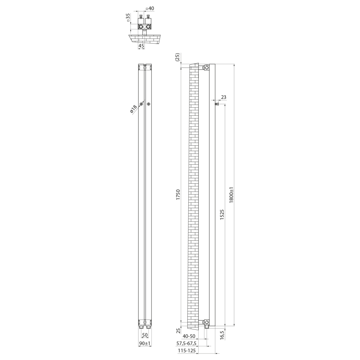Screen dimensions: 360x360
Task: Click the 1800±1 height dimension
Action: point(231,194)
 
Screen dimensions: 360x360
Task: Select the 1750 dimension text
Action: point(178,194)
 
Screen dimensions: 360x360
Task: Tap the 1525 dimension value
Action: point(222,215)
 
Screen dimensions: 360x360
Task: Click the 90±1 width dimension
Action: point(144,343)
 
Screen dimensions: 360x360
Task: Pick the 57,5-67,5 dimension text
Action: point(186,343)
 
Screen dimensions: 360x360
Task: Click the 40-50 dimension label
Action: point(189,336)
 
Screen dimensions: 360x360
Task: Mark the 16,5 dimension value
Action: point(222,335)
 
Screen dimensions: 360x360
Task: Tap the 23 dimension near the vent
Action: point(223,97)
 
